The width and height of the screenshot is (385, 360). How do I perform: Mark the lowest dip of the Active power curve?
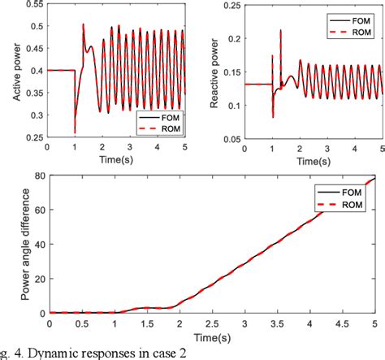pyautogui.click(x=76, y=132)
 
